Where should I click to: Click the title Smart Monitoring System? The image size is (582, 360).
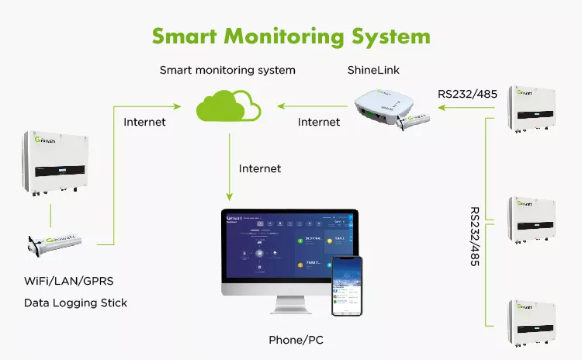coord(290,36)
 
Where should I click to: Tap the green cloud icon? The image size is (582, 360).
coord(227,106)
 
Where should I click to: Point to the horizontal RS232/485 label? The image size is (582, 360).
coord(467,95)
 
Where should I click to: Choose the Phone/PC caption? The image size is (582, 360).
coord(296,340)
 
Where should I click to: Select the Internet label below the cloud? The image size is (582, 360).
coord(260,168)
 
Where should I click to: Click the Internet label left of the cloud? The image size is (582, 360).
coord(144,122)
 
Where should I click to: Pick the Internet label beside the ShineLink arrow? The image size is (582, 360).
coord(319,122)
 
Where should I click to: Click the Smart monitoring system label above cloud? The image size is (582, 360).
coord(227,71)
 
